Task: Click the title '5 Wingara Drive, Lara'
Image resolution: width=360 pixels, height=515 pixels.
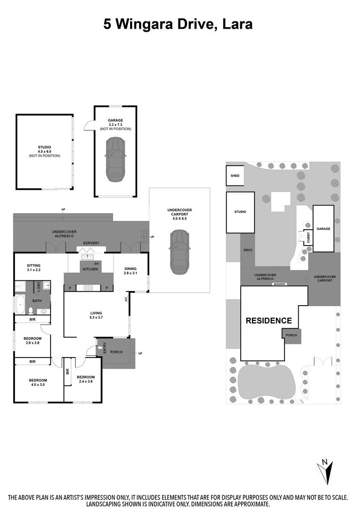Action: click(178, 24)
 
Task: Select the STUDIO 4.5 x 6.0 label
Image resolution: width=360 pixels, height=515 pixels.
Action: click(45, 151)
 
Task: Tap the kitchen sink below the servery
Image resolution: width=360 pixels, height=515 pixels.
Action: click(87, 257)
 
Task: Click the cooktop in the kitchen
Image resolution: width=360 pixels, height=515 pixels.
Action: click(88, 288)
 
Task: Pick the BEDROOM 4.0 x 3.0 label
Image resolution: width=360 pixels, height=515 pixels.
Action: click(38, 382)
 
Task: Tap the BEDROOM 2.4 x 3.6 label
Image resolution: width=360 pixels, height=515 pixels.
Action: click(85, 379)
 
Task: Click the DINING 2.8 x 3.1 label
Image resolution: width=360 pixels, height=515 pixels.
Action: click(130, 271)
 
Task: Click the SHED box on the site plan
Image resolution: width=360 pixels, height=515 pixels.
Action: click(235, 176)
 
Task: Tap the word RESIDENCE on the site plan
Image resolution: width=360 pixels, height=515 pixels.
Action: click(269, 321)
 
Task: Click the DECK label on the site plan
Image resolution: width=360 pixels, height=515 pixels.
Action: click(248, 250)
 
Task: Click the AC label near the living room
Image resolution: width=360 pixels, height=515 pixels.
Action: click(126, 299)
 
